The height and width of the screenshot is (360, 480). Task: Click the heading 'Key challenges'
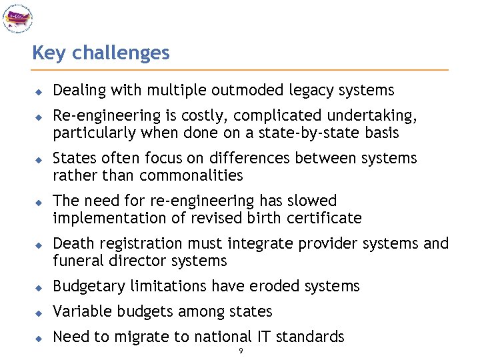(x=101, y=53)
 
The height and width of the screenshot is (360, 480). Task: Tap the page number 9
(x=241, y=351)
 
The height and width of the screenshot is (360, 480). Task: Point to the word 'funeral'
(x=75, y=261)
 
